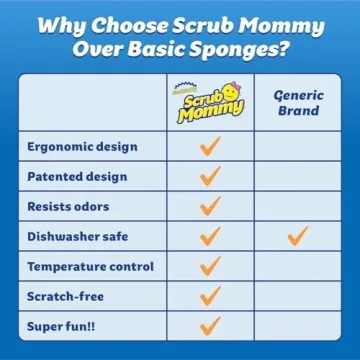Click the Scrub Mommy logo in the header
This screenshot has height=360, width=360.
(210, 101)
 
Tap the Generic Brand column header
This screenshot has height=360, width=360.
(297, 101)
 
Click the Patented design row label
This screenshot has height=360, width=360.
(77, 176)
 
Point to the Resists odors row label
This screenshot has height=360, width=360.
(69, 206)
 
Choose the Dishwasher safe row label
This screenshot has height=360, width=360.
(78, 237)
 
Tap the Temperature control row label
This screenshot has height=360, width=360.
(90, 267)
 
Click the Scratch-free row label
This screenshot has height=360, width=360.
(68, 297)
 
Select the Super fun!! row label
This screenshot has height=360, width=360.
(62, 327)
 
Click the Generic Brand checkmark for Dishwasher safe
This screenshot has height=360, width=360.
(297, 236)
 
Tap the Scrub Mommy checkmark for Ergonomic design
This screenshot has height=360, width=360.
(210, 146)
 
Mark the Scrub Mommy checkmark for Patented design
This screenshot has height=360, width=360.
(210, 176)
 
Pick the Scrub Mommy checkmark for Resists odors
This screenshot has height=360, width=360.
(210, 206)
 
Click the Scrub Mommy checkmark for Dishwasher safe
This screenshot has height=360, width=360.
(210, 236)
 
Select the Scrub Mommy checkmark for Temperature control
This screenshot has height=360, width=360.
(210, 266)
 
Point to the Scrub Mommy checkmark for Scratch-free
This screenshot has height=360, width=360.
(210, 296)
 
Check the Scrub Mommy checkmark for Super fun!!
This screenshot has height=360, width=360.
(210, 326)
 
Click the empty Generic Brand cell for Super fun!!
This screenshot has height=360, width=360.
(297, 327)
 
